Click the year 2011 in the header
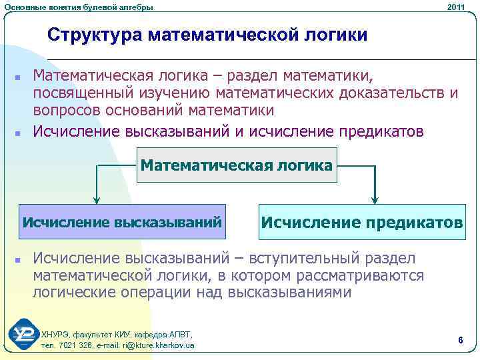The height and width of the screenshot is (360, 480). (x=457, y=7)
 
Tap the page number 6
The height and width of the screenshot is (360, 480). (x=461, y=341)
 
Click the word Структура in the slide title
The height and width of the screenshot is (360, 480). (x=94, y=34)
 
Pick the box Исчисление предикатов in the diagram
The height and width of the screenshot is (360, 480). (x=361, y=222)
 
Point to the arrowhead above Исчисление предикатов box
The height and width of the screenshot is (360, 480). (x=375, y=198)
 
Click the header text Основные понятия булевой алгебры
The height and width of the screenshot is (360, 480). (x=78, y=7)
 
